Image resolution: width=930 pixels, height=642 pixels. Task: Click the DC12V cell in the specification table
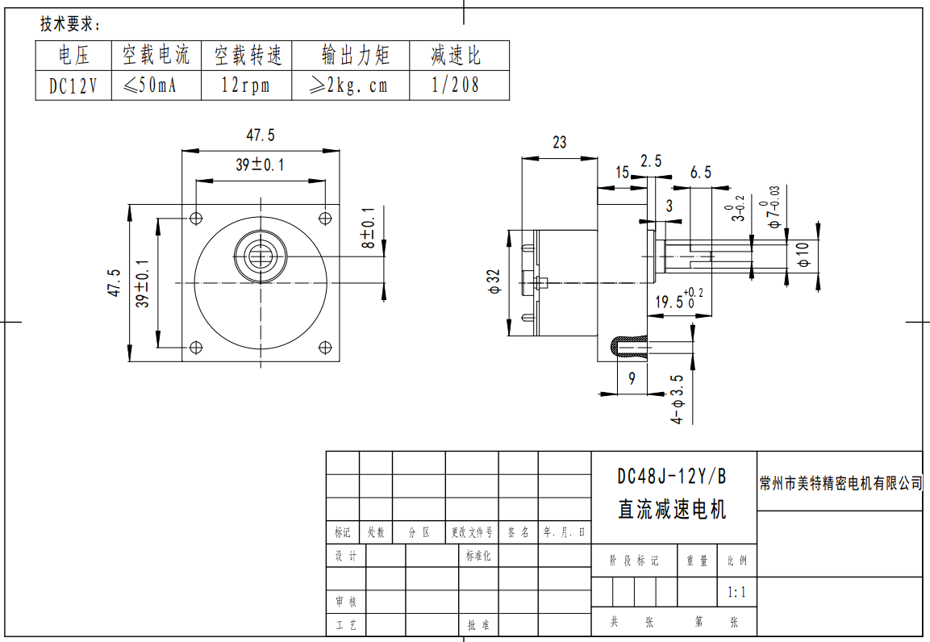click(73, 85)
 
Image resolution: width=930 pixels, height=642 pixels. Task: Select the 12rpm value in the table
click(245, 85)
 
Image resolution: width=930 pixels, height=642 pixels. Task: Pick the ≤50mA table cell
click(156, 85)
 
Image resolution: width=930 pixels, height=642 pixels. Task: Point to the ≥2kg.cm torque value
click(349, 85)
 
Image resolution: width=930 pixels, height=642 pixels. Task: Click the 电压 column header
click(73, 56)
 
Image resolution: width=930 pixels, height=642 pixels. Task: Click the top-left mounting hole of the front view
click(195, 218)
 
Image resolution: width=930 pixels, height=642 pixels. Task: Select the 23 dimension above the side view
click(559, 143)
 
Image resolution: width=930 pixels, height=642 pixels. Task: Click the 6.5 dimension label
click(701, 172)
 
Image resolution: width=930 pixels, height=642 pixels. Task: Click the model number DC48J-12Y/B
click(671, 477)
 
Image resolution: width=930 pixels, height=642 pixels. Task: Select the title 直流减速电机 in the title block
click(671, 510)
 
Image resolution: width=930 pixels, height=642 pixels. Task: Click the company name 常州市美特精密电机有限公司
click(840, 483)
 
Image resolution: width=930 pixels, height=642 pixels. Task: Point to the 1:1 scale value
click(736, 592)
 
